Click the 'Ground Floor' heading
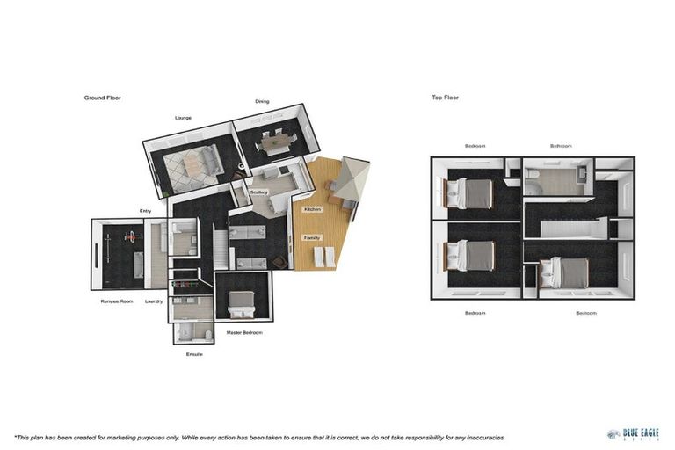[102, 98]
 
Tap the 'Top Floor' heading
[445, 98]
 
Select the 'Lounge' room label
[183, 118]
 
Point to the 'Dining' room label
[262, 101]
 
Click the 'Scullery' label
[258, 192]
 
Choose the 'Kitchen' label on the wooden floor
[312, 210]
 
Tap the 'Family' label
[311, 237]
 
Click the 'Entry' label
[145, 211]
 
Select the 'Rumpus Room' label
[115, 301]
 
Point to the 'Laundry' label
[154, 301]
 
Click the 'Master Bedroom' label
[243, 332]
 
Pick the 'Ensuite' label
[194, 354]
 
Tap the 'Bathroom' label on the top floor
[561, 146]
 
